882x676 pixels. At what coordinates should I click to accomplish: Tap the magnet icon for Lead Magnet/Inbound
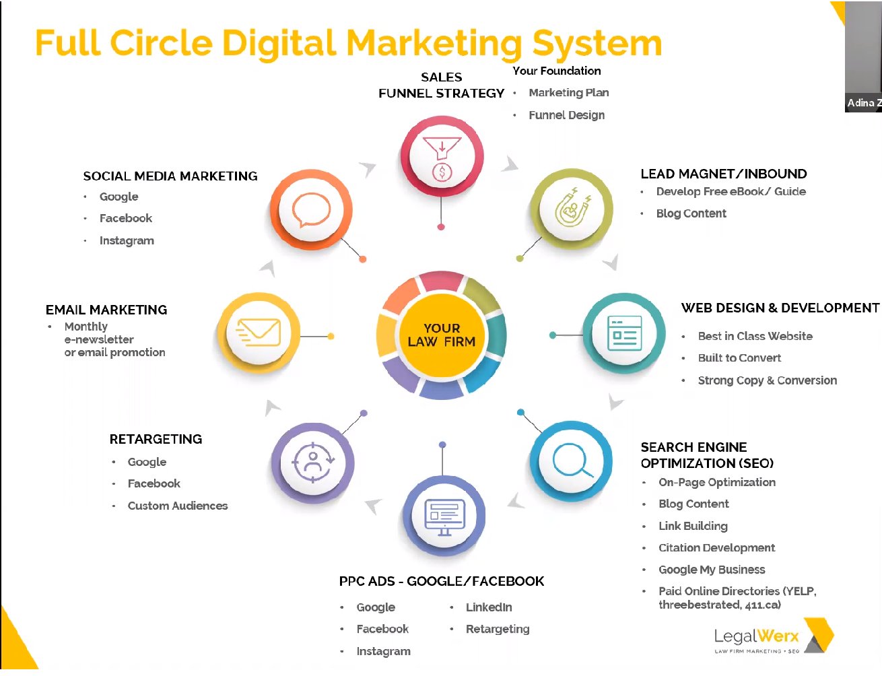tap(572, 208)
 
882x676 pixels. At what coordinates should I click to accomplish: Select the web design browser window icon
tap(624, 333)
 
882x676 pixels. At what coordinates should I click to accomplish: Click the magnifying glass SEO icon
tap(572, 461)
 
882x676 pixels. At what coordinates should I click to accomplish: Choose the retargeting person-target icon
tap(312, 463)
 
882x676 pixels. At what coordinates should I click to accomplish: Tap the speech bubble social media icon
tap(311, 210)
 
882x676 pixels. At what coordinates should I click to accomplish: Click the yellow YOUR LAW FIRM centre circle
tap(442, 335)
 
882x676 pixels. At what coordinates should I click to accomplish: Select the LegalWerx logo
tap(773, 637)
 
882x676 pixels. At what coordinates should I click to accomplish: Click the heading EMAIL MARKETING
tap(106, 310)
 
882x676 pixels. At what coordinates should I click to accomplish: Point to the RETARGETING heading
tap(156, 439)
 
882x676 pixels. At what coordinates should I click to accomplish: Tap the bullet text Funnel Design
tap(566, 115)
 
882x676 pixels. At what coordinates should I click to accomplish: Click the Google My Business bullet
tap(712, 570)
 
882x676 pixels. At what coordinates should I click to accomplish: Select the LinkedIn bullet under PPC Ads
tap(489, 607)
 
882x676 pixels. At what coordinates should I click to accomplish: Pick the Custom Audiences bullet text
tap(178, 506)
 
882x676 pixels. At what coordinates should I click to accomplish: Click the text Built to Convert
tap(739, 358)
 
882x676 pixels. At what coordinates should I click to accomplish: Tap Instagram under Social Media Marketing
tap(127, 240)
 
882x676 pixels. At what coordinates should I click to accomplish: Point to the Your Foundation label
tap(556, 71)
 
